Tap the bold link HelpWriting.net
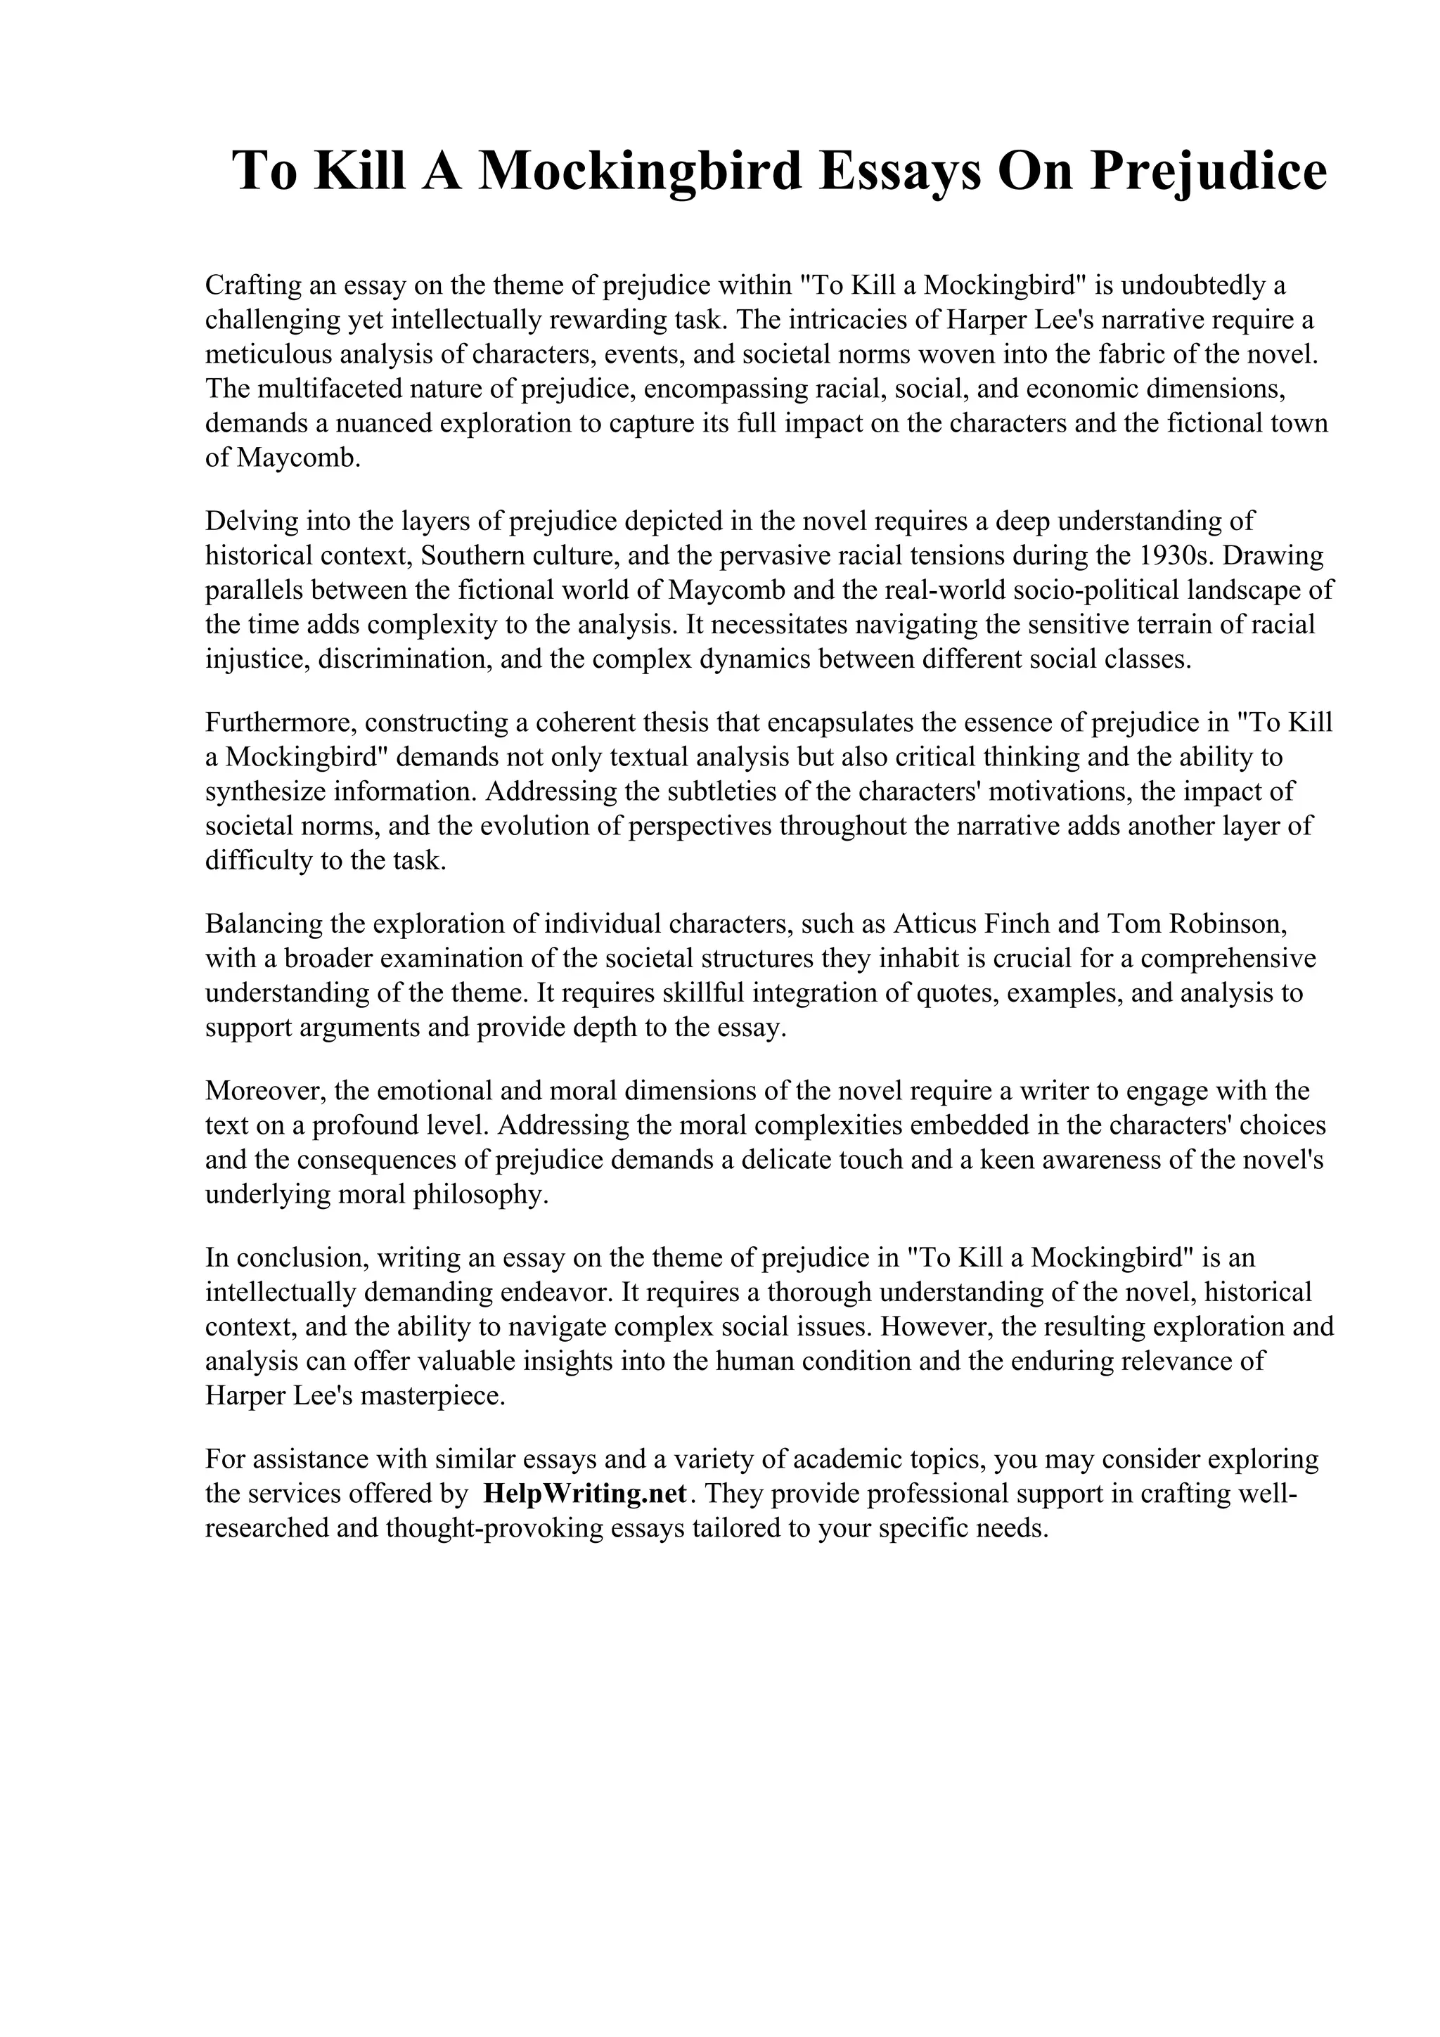pyautogui.click(x=585, y=1493)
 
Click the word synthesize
pyautogui.click(x=258, y=791)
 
